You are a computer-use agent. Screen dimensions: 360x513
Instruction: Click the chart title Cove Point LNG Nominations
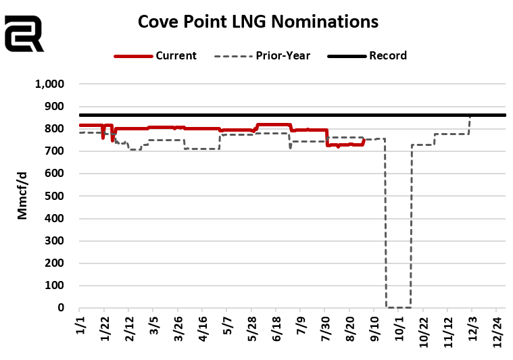pos(258,22)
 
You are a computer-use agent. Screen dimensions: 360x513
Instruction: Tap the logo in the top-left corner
pos(24,34)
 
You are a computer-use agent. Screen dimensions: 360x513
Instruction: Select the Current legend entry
pos(155,56)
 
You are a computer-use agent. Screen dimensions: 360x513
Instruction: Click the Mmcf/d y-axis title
pos(23,197)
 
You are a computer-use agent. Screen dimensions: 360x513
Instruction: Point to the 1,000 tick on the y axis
pos(49,84)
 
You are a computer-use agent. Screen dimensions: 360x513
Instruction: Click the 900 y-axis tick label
pos(53,107)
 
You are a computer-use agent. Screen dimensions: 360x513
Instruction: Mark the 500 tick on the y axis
pos(53,197)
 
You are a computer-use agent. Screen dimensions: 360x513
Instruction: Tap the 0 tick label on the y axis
pos(60,308)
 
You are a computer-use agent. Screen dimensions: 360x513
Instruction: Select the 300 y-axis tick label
pos(53,241)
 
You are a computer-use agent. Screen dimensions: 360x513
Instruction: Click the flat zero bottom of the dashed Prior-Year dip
pos(398,307)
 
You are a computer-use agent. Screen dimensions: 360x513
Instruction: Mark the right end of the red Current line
pos(364,140)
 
